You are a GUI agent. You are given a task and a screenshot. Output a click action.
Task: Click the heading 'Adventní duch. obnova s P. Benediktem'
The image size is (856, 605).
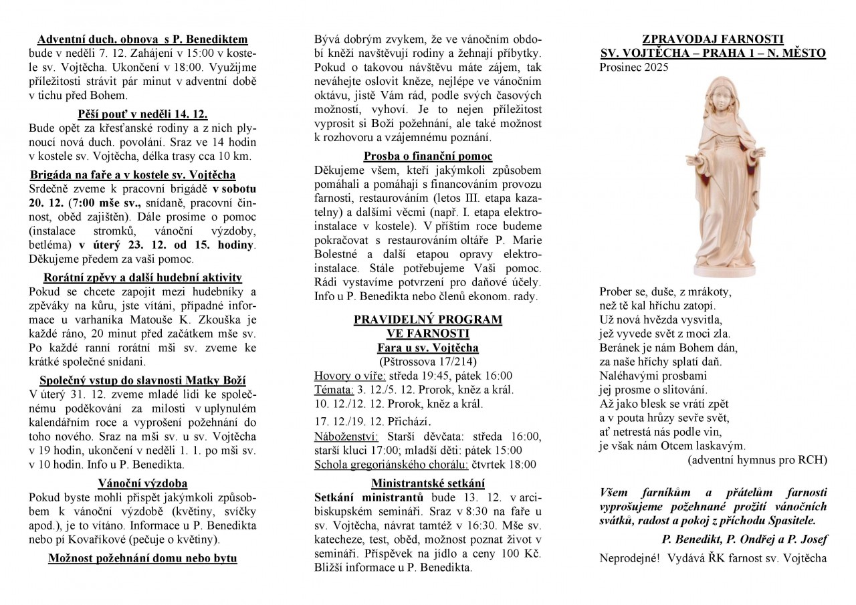(x=142, y=39)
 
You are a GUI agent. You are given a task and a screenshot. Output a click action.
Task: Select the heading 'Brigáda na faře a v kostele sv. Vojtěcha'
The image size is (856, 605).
(x=133, y=174)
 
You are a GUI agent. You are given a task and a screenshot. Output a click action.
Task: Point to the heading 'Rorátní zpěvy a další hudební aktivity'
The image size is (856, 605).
(x=142, y=277)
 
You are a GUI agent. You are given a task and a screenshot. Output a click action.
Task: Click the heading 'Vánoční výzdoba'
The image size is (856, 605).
(x=142, y=483)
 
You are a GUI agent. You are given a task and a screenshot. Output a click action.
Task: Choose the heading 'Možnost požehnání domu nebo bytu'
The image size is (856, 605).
(x=142, y=558)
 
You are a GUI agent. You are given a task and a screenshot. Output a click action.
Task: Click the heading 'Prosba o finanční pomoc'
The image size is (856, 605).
(x=427, y=156)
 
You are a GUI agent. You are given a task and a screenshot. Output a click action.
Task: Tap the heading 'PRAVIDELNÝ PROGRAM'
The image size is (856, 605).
(x=427, y=319)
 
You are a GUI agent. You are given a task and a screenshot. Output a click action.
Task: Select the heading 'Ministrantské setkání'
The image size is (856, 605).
(x=427, y=483)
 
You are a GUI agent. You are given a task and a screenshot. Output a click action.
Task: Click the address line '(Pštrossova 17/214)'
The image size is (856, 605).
(x=427, y=362)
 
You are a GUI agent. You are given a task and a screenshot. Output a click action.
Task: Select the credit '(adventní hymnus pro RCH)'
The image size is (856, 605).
(x=757, y=460)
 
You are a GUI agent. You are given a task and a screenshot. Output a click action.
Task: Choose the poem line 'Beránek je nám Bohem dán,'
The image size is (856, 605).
(x=668, y=348)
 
